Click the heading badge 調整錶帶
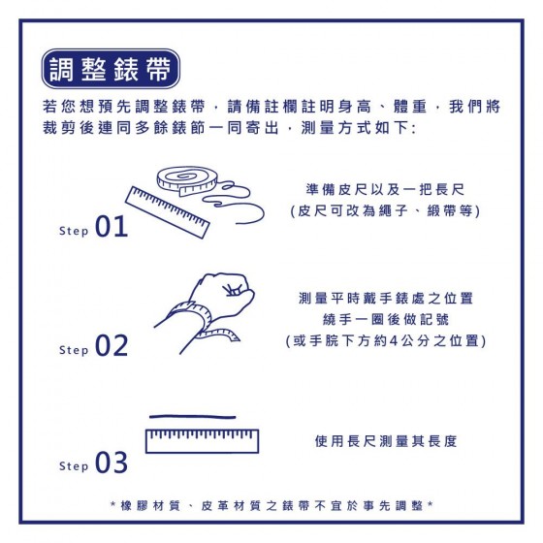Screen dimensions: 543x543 click(x=111, y=69)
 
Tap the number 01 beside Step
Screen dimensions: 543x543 click(x=112, y=226)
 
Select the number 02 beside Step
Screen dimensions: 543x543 click(x=112, y=345)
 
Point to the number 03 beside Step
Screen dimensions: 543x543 click(x=112, y=462)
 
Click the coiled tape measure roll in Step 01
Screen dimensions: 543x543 click(x=186, y=180)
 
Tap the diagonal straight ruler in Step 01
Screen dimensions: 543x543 click(x=167, y=212)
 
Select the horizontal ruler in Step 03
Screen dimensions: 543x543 click(x=203, y=441)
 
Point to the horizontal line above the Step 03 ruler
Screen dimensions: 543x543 click(x=193, y=417)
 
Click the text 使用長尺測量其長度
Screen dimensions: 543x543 click(x=386, y=441)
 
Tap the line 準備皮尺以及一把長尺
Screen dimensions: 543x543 click(x=385, y=189)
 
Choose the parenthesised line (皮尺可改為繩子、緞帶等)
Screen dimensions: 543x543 click(x=385, y=210)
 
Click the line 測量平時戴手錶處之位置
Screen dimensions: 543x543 click(x=386, y=299)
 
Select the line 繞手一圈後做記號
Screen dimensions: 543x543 click(x=386, y=319)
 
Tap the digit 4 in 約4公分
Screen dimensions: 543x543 click(x=393, y=340)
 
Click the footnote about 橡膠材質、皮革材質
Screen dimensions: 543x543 click(x=271, y=506)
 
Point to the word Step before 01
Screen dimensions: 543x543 click(x=74, y=231)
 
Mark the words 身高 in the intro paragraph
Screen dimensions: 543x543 click(x=354, y=107)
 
